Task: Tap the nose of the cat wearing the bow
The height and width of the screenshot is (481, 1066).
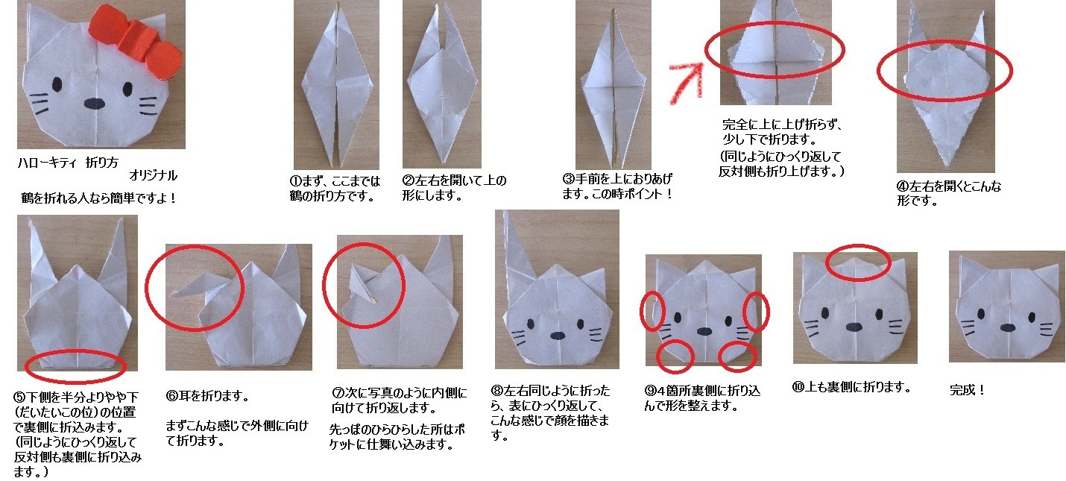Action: [x=96, y=103]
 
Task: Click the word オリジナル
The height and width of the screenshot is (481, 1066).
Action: [x=153, y=176]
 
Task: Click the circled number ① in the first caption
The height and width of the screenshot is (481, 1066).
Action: [x=294, y=180]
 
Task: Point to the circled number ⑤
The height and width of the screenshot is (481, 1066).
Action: [x=19, y=397]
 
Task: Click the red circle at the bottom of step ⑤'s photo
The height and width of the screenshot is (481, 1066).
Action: [x=75, y=365]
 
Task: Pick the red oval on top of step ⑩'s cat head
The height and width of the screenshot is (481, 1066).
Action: [x=859, y=260]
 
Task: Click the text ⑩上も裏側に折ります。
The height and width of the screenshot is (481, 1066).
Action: [x=852, y=388]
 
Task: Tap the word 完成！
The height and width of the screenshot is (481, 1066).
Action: [x=968, y=389]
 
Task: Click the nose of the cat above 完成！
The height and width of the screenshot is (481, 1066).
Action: [x=1007, y=326]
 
